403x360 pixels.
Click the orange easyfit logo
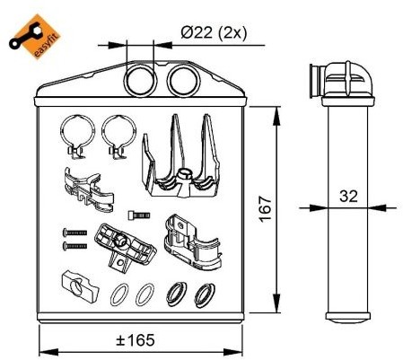click(x=34, y=36)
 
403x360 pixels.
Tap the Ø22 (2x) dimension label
click(x=214, y=32)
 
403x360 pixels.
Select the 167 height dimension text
click(x=266, y=209)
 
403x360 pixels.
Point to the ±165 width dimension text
click(x=136, y=340)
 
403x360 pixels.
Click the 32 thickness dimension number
click(x=348, y=197)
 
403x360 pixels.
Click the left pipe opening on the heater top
click(x=140, y=80)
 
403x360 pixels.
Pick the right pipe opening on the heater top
click(x=184, y=80)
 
